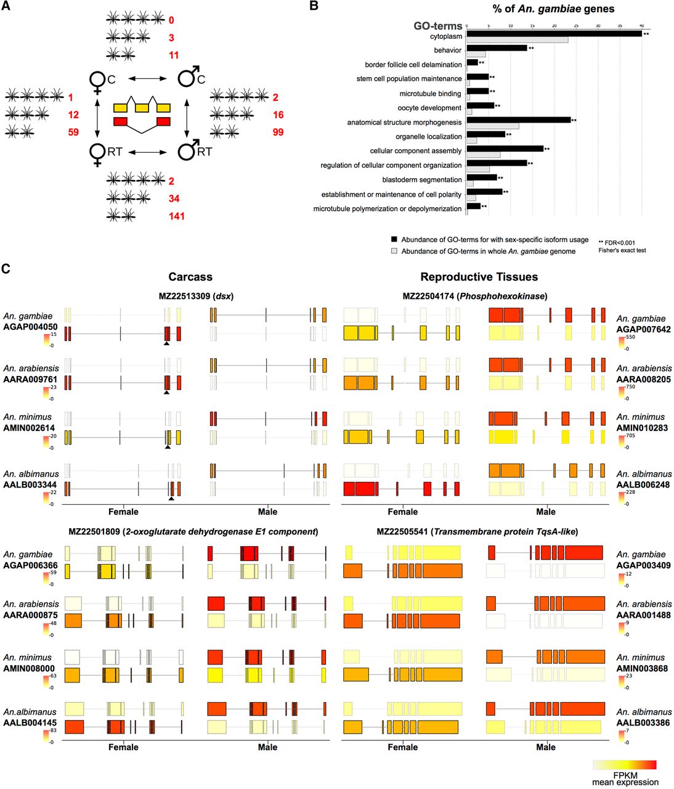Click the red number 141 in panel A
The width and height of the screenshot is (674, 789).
click(176, 216)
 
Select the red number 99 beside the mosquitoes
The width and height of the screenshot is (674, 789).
click(278, 132)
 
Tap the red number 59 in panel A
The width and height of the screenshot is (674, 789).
click(73, 132)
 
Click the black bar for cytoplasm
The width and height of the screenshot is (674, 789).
click(554, 33)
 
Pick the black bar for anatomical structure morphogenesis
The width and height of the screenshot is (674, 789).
click(518, 120)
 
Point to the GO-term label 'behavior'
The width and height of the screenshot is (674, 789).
click(447, 50)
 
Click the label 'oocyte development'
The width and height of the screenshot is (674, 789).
click(429, 108)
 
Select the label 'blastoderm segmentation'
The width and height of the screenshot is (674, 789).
click(421, 180)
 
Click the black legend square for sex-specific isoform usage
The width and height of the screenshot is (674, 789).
click(394, 239)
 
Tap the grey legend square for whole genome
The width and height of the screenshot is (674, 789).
click(394, 251)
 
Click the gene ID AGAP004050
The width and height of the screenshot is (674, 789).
click(31, 327)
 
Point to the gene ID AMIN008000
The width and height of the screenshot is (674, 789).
click(29, 668)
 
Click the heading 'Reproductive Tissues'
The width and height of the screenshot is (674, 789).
click(479, 277)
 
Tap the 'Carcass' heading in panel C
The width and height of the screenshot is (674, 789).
click(190, 277)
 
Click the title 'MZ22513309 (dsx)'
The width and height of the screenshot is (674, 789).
click(196, 296)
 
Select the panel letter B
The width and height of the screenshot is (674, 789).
click(314, 7)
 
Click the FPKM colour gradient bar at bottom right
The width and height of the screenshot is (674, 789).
click(625, 764)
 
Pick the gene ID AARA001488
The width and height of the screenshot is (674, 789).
click(643, 615)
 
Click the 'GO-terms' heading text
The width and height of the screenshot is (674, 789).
click(437, 26)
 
